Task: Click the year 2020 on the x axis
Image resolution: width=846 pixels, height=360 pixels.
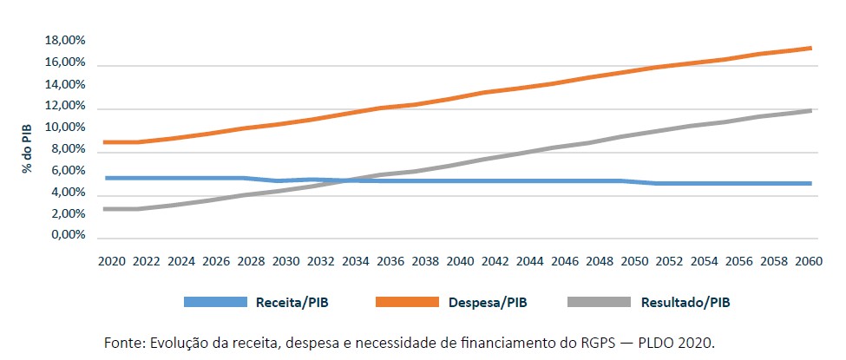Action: pyautogui.click(x=111, y=260)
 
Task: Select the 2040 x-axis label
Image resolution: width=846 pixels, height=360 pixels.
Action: pyautogui.click(x=461, y=260)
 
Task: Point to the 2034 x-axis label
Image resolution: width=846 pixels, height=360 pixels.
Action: pyautogui.click(x=356, y=260)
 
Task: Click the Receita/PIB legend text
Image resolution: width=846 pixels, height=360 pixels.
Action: pyautogui.click(x=292, y=303)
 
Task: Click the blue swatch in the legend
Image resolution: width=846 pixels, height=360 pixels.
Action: pyautogui.click(x=215, y=303)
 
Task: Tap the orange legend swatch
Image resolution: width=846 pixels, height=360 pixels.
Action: pyautogui.click(x=407, y=303)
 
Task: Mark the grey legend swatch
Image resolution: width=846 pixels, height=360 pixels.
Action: pyautogui.click(x=599, y=303)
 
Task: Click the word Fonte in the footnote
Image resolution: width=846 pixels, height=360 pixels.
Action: pyautogui.click(x=122, y=343)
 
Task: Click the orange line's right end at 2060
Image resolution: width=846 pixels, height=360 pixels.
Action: pyautogui.click(x=811, y=48)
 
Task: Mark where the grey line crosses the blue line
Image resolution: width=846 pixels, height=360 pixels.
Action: pyautogui.click(x=347, y=180)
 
